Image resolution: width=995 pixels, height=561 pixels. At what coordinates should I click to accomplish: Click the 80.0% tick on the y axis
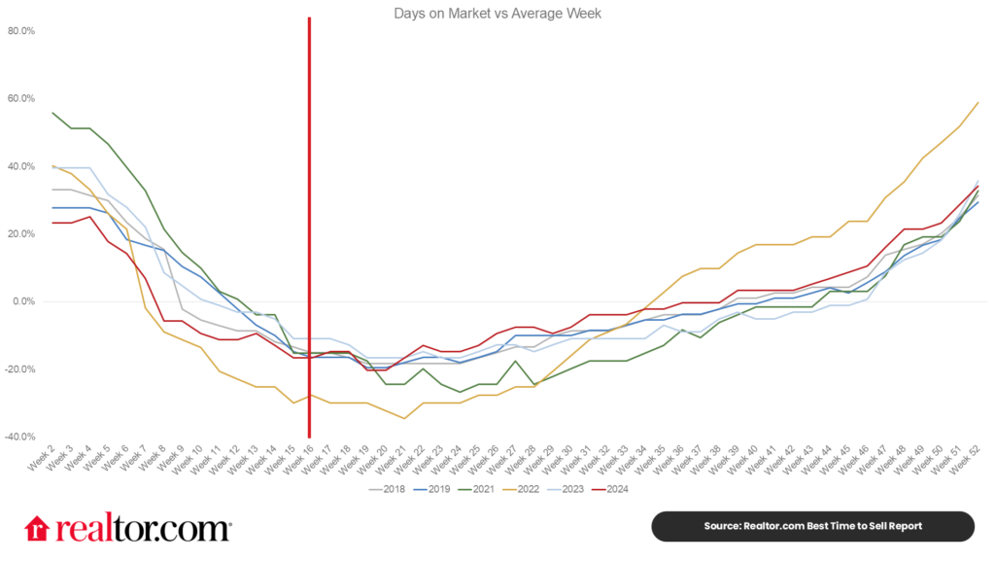pos(20,31)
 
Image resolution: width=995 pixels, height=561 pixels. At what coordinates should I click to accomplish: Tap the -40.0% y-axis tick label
pos(19,437)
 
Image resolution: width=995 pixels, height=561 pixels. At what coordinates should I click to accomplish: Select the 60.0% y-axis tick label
pos(20,98)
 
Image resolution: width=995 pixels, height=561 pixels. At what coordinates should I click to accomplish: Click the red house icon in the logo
pos(37,528)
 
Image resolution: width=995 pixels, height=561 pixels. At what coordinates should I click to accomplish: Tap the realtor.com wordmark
pos(142,528)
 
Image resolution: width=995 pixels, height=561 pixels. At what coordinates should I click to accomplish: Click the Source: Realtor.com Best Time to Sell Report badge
pos(811,526)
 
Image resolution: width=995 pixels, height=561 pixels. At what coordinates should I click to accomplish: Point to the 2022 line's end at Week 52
pos(978,102)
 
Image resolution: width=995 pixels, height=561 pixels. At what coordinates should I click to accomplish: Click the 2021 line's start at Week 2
pos(52,113)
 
